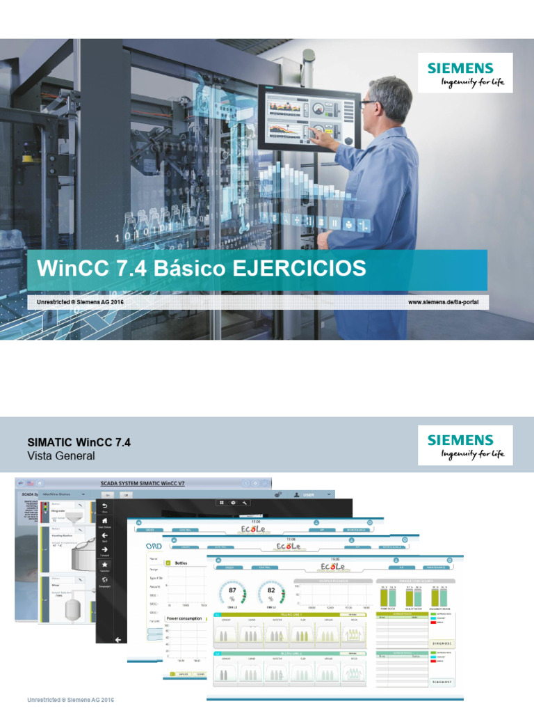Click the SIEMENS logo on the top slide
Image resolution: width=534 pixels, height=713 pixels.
point(460,68)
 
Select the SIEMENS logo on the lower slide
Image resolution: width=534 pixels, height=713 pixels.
point(460,440)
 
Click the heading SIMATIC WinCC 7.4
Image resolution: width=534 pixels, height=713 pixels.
point(79,442)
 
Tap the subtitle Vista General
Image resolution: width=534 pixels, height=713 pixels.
point(60,456)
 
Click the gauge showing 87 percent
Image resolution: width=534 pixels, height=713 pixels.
point(232,593)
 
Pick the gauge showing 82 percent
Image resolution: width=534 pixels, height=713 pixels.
point(270,593)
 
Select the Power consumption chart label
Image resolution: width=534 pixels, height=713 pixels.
point(184,618)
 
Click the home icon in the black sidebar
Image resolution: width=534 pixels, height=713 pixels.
point(105,519)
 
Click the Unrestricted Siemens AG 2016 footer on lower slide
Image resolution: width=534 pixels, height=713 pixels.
point(70,698)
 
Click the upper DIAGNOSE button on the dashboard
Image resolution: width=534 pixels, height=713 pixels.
point(442,644)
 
